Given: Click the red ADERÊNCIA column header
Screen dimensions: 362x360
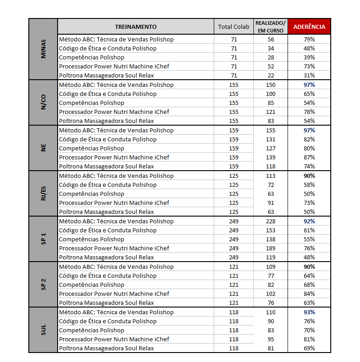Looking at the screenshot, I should click(x=309, y=27).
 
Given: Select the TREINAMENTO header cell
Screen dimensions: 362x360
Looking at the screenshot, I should click(x=135, y=27).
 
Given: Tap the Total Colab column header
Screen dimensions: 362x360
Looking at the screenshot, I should click(x=234, y=27).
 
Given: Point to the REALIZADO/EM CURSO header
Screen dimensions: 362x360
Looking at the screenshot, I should click(x=270, y=27).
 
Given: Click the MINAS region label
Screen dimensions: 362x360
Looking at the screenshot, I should click(x=43, y=57).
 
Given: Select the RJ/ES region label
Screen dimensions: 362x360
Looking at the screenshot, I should click(x=43, y=194).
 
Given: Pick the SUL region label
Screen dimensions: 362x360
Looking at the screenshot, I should click(x=43, y=330).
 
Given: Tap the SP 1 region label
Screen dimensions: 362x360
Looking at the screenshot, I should click(x=43, y=239).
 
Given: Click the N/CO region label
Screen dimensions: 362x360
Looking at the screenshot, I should click(x=43, y=103).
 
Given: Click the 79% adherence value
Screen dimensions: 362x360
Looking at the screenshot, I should click(x=309, y=39).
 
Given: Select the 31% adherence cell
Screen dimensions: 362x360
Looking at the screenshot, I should click(x=309, y=75).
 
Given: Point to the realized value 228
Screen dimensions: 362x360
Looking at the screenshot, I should click(x=270, y=221).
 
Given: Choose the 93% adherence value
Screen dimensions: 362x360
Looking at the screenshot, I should click(x=309, y=312).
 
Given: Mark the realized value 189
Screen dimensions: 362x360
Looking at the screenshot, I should click(x=270, y=248).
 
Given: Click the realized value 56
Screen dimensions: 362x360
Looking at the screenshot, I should click(x=270, y=39).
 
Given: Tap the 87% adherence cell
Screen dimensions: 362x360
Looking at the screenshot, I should click(x=309, y=157).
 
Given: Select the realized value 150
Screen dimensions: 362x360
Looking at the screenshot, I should click(x=270, y=85).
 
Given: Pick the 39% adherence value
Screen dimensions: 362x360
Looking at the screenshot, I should click(x=309, y=57).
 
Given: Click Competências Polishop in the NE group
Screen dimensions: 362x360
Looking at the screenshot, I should click(x=91, y=148).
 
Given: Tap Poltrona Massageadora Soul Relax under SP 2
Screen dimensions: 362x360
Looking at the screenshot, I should click(x=106, y=303).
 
